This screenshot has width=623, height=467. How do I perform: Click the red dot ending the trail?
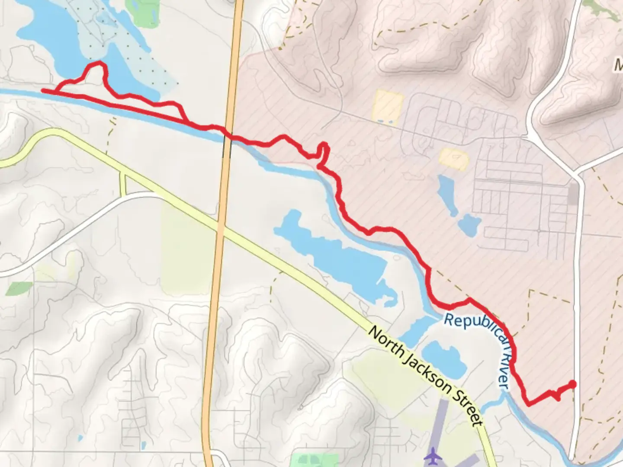pos(572,384)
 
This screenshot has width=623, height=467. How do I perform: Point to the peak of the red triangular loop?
pos(97,64)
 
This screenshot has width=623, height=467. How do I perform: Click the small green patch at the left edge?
pos(19,288)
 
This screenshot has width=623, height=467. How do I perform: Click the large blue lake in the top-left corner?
pos(48,30)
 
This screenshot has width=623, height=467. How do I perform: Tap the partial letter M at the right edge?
pos(618,66)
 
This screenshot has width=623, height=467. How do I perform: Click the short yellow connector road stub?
pos(123,182)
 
